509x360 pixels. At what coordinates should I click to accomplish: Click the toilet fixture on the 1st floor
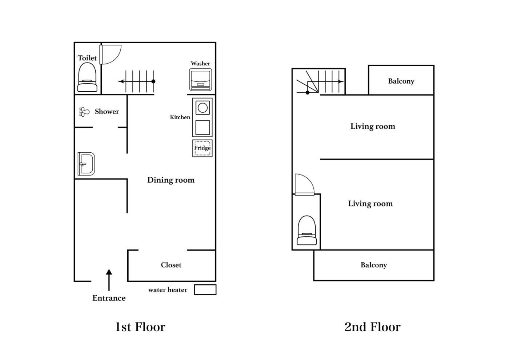(87, 77)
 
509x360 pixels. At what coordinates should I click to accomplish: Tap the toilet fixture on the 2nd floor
(307, 230)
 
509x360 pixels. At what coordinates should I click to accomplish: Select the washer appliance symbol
(200, 80)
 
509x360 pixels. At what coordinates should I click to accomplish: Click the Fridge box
(203, 148)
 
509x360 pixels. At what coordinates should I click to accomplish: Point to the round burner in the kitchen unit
(203, 108)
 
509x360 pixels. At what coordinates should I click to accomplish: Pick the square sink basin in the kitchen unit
(203, 128)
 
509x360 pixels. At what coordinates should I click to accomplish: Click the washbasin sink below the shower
(86, 164)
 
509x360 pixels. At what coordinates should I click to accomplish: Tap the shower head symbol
(84, 112)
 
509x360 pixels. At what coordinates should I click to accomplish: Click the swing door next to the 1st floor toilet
(111, 55)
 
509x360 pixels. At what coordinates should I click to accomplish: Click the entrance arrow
(109, 280)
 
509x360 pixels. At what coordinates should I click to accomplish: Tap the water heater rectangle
(205, 290)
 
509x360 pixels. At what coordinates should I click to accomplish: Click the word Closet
(171, 265)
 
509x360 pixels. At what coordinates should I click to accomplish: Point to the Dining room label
(171, 180)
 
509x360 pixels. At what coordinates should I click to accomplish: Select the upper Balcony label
(401, 81)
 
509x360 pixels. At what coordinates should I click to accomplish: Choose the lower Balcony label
(374, 265)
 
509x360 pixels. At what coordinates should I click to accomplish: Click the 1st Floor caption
(140, 327)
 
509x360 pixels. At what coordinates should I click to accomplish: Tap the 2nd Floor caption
(372, 327)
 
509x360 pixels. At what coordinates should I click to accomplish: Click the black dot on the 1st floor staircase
(153, 81)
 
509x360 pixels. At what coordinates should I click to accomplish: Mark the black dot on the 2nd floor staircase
(308, 92)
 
